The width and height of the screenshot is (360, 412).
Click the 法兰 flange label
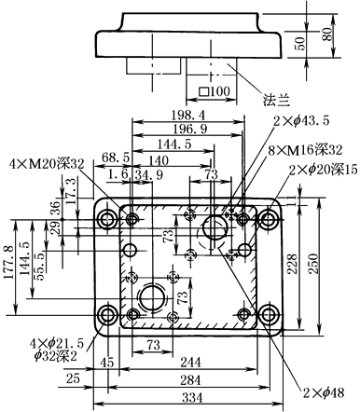(276, 100)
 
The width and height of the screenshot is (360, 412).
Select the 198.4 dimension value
(188, 116)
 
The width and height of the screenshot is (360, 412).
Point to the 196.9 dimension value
(190, 129)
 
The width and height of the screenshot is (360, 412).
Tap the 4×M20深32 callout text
(47, 164)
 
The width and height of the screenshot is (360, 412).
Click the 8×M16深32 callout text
(305, 150)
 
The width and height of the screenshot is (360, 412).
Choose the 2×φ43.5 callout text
(301, 121)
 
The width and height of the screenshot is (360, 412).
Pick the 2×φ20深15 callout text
(323, 170)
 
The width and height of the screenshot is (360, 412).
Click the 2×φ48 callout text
(324, 393)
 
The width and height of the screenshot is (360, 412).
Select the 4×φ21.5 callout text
(57, 344)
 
